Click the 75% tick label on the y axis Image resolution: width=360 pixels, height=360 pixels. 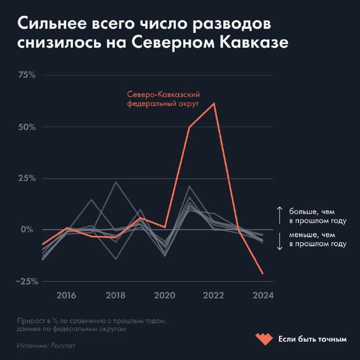coord(26,75)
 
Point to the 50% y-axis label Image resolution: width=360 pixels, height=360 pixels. coord(26,126)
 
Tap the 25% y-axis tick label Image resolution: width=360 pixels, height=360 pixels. coord(26,178)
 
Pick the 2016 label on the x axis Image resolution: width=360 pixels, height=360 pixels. coord(66,296)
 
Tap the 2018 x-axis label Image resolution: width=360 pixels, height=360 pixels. coord(116,296)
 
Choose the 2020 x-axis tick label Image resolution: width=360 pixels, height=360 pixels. coord(165,296)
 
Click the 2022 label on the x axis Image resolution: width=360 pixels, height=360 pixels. coord(214,296)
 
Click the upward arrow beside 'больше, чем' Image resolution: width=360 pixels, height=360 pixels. coord(279,215)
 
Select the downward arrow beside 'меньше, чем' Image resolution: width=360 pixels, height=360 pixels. coord(279,243)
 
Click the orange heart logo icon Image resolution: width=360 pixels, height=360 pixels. coord(264,338)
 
